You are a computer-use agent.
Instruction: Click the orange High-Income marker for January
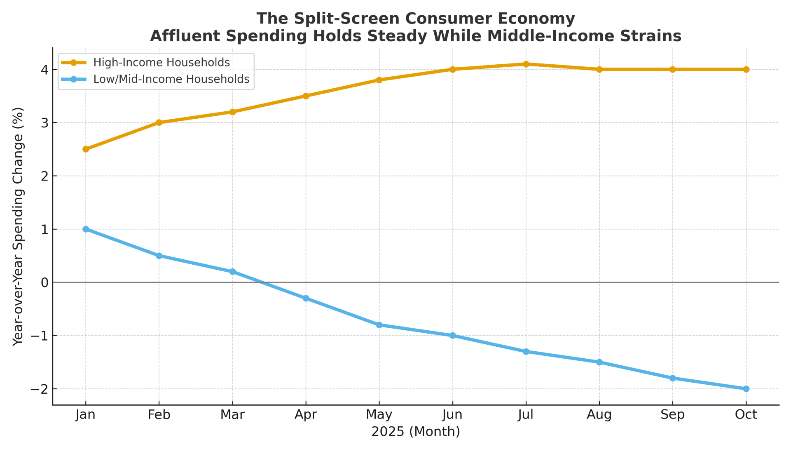coord(86,149)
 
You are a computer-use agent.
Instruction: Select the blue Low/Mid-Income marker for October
coord(746,389)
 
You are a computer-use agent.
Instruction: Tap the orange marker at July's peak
coord(526,64)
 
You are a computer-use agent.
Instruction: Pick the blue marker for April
coord(306,299)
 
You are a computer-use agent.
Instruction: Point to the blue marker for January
coord(86,229)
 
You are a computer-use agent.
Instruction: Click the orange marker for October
coord(746,69)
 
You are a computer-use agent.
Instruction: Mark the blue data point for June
coord(453,336)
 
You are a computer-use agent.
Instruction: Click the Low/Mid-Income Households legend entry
coord(171,79)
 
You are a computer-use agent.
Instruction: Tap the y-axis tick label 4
coord(44,70)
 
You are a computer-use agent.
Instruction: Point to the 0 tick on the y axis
coord(44,282)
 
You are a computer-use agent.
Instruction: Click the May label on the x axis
coord(379,415)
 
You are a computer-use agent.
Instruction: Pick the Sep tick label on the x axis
coord(672,415)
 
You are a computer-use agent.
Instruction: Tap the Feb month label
coord(159,415)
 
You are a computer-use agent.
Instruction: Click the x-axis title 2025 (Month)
coord(416,432)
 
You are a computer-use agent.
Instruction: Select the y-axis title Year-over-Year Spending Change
coord(18,226)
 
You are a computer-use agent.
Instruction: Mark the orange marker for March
coord(232,112)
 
